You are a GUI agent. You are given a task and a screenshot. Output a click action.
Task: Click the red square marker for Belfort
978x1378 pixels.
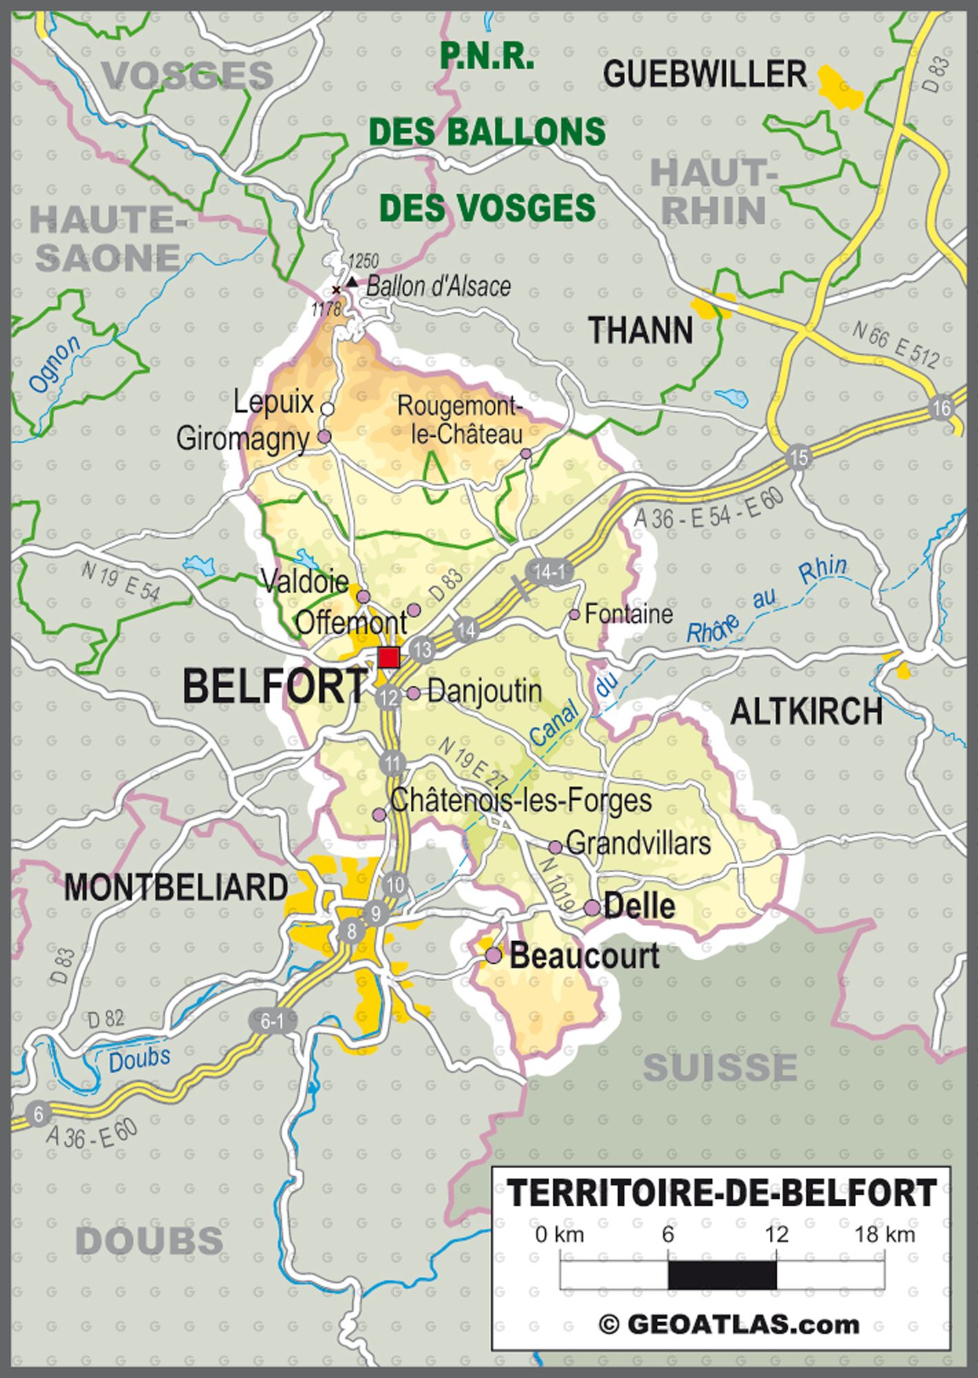click(389, 657)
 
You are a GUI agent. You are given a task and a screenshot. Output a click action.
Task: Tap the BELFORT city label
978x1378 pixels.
click(275, 687)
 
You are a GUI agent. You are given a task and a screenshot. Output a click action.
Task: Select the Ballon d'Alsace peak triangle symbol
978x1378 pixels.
click(352, 281)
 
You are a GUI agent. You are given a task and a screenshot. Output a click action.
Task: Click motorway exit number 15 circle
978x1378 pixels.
click(799, 457)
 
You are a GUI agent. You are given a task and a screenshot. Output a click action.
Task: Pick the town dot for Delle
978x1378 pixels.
click(592, 908)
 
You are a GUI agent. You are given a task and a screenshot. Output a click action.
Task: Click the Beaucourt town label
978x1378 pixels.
click(584, 956)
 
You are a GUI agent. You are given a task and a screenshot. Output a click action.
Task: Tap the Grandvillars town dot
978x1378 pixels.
click(555, 847)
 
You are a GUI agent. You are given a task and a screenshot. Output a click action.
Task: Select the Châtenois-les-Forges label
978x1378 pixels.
click(520, 801)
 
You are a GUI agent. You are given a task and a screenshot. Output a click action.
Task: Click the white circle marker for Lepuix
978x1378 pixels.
click(328, 409)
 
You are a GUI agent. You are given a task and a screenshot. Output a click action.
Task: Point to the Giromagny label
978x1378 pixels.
click(243, 438)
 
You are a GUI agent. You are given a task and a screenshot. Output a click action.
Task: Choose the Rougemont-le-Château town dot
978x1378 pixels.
click(526, 453)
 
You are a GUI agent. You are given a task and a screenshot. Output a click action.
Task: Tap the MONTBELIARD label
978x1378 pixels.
click(176, 887)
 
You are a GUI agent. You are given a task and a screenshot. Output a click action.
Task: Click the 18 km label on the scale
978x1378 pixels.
click(884, 1233)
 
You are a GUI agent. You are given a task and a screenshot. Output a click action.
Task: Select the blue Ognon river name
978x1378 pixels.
click(55, 366)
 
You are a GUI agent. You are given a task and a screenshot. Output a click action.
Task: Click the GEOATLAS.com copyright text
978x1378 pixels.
click(729, 1324)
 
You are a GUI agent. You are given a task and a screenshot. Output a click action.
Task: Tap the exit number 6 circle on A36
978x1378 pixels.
click(38, 1114)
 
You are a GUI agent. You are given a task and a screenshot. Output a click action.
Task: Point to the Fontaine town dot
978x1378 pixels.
click(574, 614)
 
